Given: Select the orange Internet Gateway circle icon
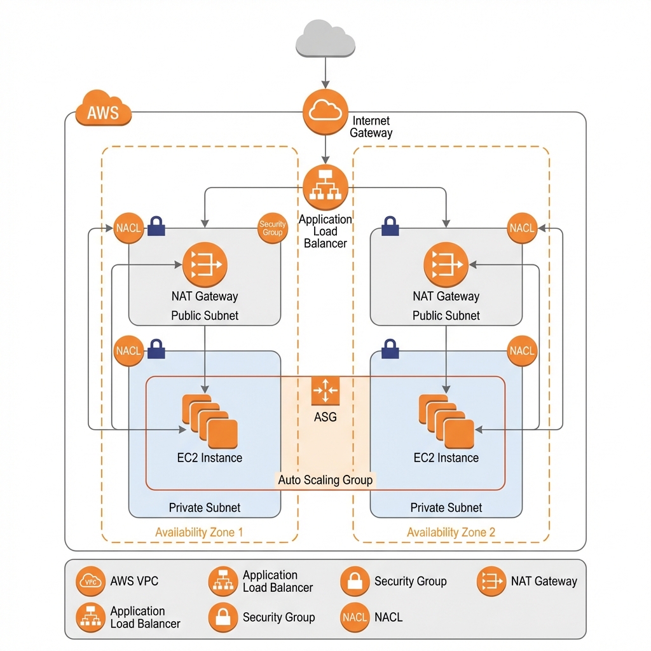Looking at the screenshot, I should tap(325, 112).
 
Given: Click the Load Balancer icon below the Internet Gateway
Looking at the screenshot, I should tap(325, 186).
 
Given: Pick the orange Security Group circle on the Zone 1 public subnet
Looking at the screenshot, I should tap(272, 229).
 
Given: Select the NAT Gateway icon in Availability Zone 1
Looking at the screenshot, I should tap(205, 264).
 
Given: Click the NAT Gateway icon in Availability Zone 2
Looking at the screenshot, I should tap(446, 264).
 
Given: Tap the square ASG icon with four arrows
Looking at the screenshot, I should tap(325, 390).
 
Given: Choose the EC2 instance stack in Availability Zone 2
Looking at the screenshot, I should tap(446, 421).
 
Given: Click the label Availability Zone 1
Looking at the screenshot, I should tap(199, 532).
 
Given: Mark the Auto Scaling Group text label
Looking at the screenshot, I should tap(325, 479).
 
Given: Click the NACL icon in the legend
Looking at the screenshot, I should tap(355, 617).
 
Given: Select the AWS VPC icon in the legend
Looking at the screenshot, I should tap(90, 581).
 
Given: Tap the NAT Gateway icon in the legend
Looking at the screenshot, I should tap(491, 581).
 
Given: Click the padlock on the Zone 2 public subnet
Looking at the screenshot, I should tap(390, 226).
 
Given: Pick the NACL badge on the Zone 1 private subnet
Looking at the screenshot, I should tap(128, 351).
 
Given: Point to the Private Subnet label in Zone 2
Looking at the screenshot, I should tap(446, 507).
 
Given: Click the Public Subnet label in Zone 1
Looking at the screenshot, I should tap(205, 315).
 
